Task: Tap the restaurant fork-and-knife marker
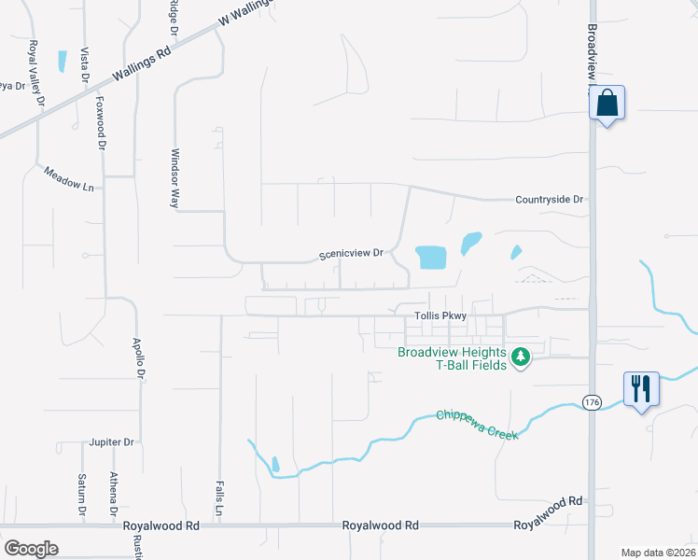641,388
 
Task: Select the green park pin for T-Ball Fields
521,357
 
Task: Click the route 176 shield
592,401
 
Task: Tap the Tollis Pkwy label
440,315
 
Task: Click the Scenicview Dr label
352,253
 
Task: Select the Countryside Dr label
549,200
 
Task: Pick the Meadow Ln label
70,179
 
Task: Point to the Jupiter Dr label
112,441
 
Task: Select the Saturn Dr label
82,494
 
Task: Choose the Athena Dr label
113,494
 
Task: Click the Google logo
31,548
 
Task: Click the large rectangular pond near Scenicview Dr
430,257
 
